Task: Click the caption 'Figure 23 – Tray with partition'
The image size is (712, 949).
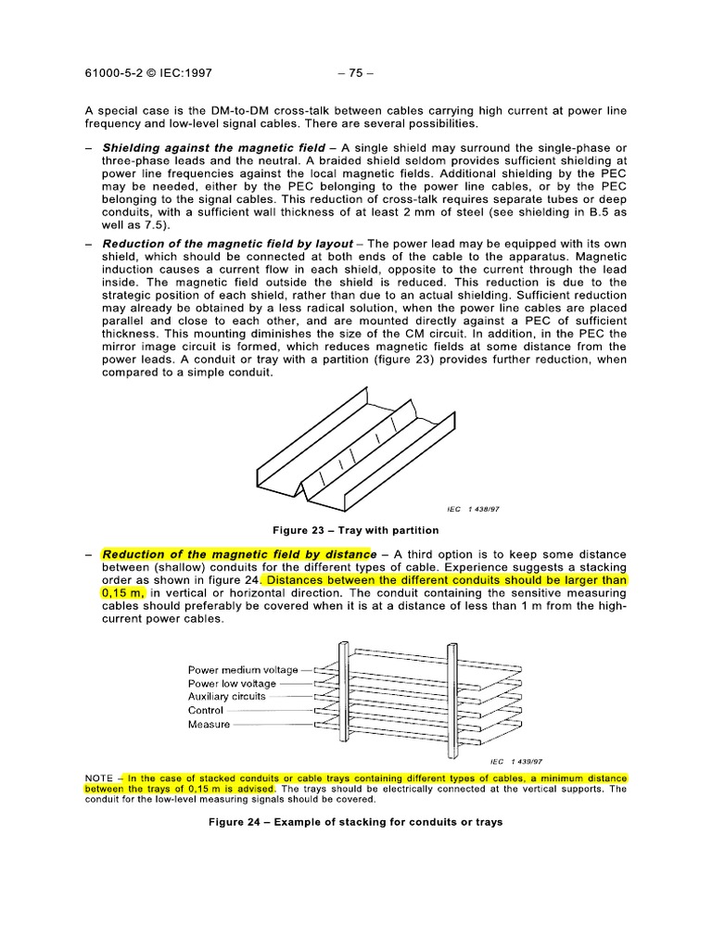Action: (355, 530)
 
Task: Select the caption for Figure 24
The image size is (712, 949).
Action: (355, 822)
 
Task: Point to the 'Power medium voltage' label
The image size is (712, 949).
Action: (243, 669)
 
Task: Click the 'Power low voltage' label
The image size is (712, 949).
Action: (232, 683)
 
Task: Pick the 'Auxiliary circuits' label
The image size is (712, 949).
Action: (226, 696)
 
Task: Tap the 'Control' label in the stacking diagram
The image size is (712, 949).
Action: (206, 711)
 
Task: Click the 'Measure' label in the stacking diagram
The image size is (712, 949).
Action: (209, 725)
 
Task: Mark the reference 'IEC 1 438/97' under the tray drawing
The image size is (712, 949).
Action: (477, 509)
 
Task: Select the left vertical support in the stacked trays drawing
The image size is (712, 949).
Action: (342, 695)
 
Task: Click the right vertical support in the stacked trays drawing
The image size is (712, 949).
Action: (452, 695)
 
